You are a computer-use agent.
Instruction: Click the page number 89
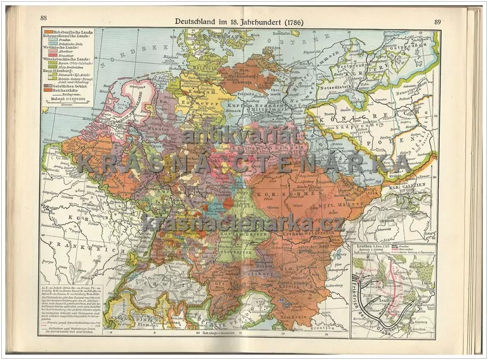tap(437, 21)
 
